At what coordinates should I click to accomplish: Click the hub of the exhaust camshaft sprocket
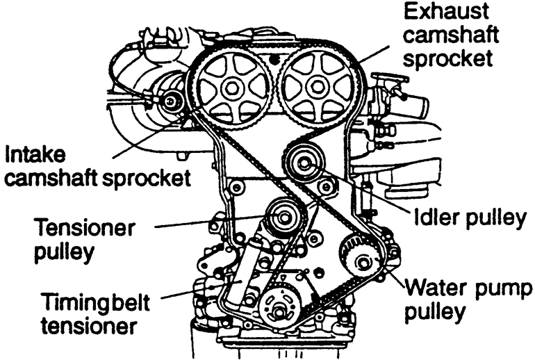click(x=317, y=85)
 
